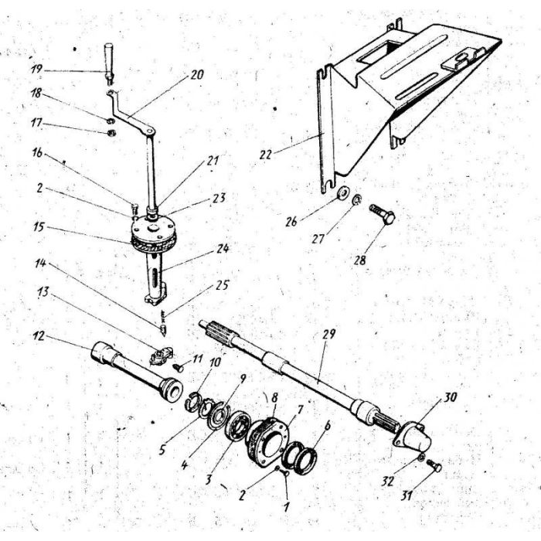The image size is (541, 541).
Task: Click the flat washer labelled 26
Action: tap(343, 192)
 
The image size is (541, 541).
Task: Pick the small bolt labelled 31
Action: tap(434, 466)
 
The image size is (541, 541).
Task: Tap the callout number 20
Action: tap(196, 76)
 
